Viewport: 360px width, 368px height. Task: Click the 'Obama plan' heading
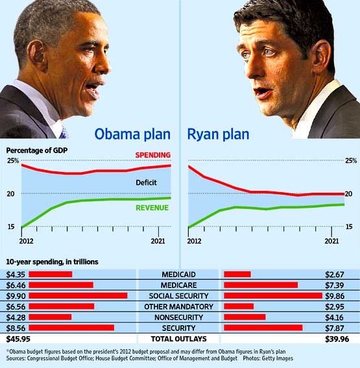pyautogui.click(x=133, y=135)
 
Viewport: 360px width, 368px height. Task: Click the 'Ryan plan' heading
pyautogui.click(x=219, y=135)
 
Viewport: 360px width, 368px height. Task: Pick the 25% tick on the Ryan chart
pyautogui.click(x=351, y=160)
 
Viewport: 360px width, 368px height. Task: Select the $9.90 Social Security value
pyautogui.click(x=14, y=295)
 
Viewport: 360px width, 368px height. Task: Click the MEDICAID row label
pyautogui.click(x=178, y=274)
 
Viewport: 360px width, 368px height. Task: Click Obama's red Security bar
pyautogui.click(x=71, y=328)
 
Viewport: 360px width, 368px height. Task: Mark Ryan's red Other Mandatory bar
pyautogui.click(x=239, y=306)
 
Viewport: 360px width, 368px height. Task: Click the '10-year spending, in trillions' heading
pyautogui.click(x=53, y=261)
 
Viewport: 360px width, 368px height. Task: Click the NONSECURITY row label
pyautogui.click(x=178, y=317)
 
